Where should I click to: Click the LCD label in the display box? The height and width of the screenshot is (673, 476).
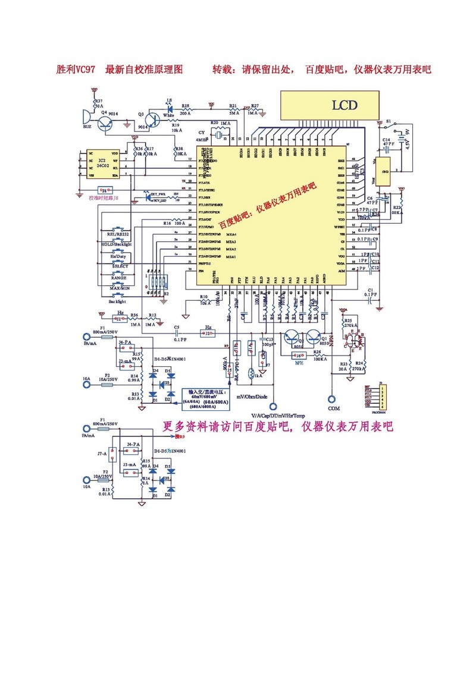pyautogui.click(x=345, y=106)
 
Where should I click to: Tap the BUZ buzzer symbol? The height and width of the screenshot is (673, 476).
pyautogui.click(x=86, y=117)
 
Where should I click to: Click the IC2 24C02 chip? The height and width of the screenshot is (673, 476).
pyautogui.click(x=102, y=164)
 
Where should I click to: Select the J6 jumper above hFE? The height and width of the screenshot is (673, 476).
pyautogui.click(x=299, y=356)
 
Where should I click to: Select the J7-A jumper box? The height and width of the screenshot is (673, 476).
pyautogui.click(x=111, y=454)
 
